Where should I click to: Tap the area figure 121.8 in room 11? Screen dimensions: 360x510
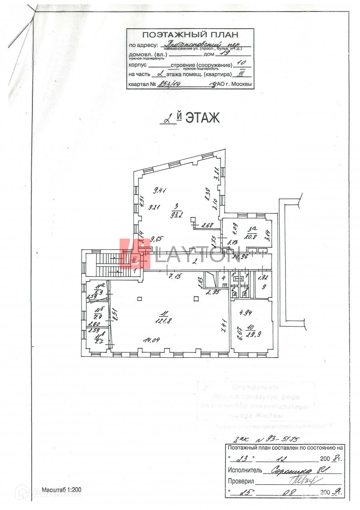point(163,320)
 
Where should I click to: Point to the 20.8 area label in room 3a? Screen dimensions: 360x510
point(252,236)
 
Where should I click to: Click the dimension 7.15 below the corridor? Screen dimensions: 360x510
point(175,276)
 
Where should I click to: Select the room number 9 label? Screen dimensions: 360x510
point(263,287)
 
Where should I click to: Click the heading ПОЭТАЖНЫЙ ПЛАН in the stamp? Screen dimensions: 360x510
point(190,35)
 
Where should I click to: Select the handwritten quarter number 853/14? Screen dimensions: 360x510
point(170,84)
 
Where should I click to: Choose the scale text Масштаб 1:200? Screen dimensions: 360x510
point(62,490)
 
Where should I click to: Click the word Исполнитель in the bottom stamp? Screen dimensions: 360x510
point(245,470)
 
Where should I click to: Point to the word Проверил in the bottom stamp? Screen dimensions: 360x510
point(241,481)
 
